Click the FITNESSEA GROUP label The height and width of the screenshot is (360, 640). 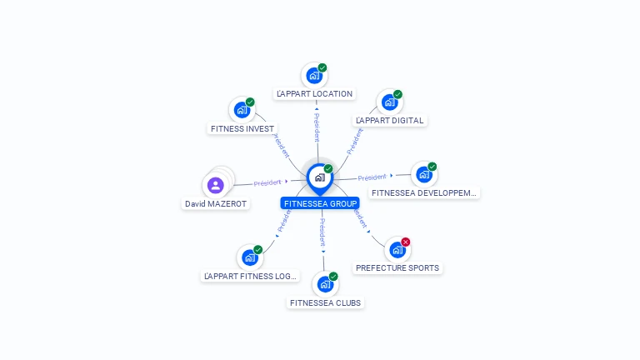click(320, 203)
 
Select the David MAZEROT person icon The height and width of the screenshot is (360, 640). click(216, 185)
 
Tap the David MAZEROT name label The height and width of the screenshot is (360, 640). click(216, 203)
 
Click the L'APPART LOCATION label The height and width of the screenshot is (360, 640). click(314, 94)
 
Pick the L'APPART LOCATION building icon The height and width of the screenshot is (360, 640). click(314, 76)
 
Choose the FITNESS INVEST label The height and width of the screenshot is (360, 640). click(242, 129)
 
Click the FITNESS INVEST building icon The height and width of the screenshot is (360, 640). click(242, 110)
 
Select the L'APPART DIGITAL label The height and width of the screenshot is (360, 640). click(390, 121)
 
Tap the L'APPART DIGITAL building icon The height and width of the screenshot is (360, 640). click(389, 102)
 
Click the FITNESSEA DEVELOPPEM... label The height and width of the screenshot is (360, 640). click(424, 193)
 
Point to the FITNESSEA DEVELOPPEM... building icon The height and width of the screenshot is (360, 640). click(424, 175)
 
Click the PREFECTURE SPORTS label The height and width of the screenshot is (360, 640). click(397, 268)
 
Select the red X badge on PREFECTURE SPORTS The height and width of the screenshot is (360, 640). click(406, 242)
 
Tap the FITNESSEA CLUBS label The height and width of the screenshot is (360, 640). click(326, 302)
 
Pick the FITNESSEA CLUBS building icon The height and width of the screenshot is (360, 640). click(325, 284)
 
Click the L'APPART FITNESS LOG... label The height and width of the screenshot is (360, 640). click(250, 276)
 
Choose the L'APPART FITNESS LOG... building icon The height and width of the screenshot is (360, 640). click(249, 257)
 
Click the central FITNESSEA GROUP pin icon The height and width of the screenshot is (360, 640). click(319, 177)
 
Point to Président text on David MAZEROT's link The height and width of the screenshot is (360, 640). click(267, 182)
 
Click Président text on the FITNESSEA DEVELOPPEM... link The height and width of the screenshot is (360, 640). click(372, 177)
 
